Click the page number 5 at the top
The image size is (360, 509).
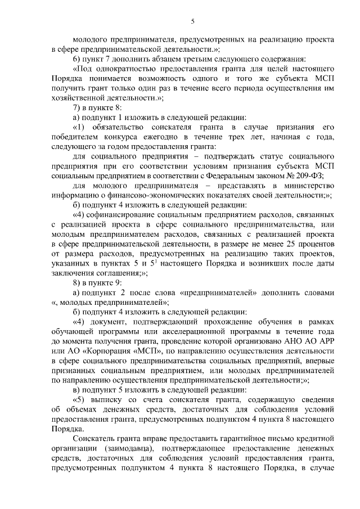[192, 21]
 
